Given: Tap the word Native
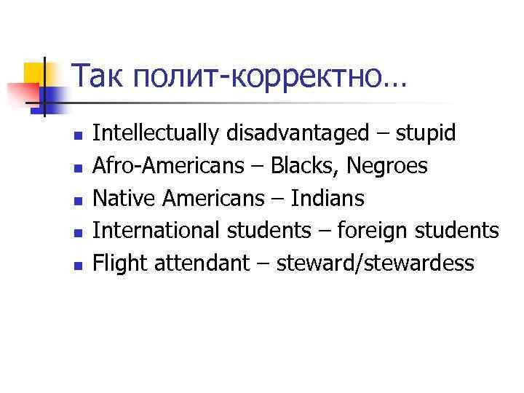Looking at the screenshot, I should (x=121, y=199).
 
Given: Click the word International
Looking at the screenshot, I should (x=156, y=231).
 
